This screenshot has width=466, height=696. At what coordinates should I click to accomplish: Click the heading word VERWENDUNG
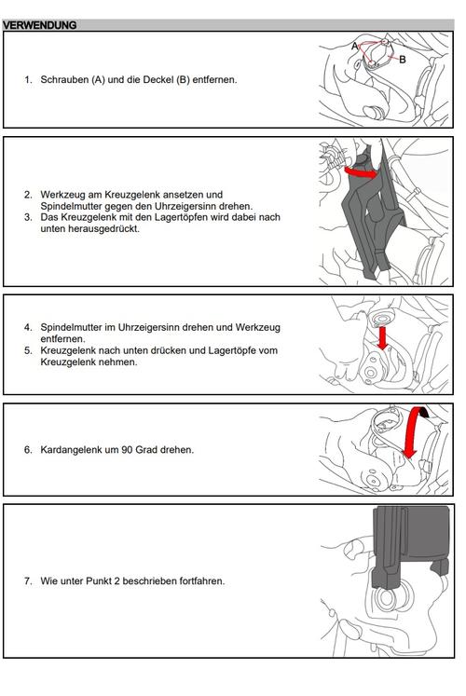click(39, 25)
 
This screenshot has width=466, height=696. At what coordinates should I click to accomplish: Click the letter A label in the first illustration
click(354, 47)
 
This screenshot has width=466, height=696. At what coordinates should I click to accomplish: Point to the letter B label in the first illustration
click(402, 60)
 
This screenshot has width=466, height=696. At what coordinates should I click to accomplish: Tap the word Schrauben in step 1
click(65, 80)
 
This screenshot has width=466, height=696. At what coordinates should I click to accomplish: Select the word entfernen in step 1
click(214, 80)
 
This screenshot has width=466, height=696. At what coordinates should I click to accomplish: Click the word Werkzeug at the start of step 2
click(61, 195)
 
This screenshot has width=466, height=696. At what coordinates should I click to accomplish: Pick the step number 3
click(28, 217)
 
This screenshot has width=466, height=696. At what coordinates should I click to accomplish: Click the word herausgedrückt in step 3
click(90, 229)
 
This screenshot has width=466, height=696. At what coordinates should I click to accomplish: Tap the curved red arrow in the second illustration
click(361, 172)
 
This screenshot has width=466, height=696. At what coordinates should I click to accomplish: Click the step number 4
click(28, 328)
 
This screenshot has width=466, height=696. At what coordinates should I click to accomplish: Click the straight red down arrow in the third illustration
click(382, 338)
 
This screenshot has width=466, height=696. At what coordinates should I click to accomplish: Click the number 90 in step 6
click(127, 450)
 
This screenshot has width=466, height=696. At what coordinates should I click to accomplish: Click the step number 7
click(28, 581)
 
